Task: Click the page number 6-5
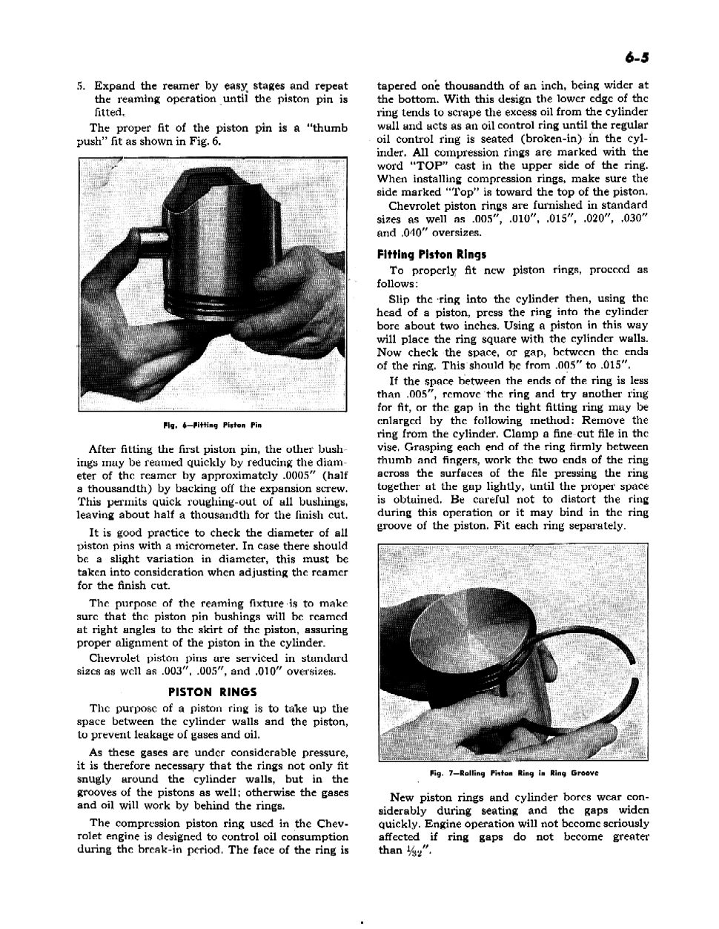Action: click(x=635, y=58)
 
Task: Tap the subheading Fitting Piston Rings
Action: click(x=421, y=254)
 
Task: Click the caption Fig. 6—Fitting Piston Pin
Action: click(x=213, y=426)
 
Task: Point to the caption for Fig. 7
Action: click(x=513, y=773)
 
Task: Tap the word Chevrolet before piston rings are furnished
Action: click(x=415, y=205)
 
